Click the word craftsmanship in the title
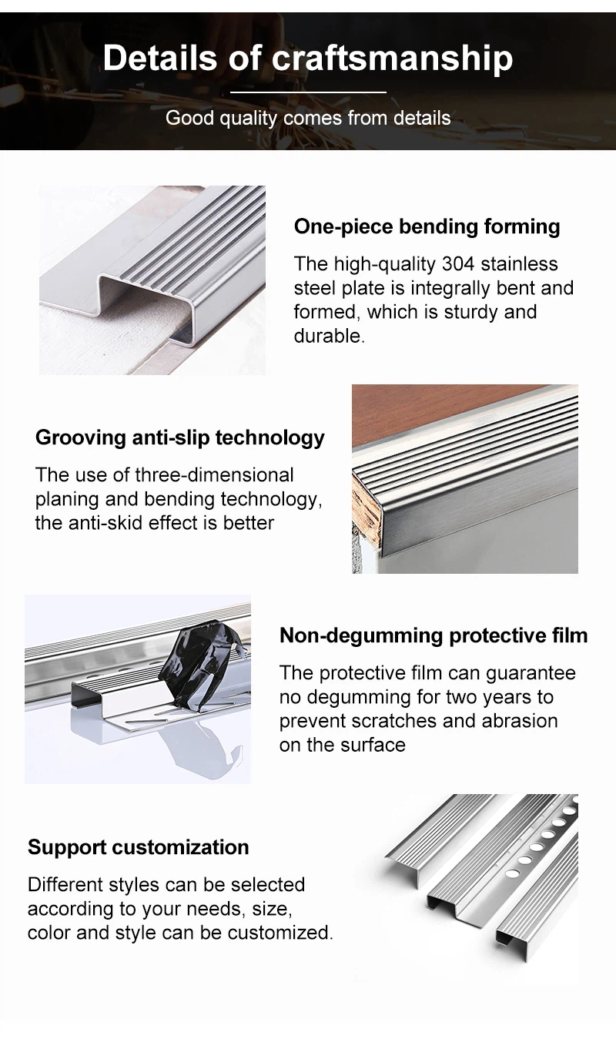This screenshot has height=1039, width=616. tap(393, 59)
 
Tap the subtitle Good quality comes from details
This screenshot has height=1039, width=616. tap(308, 119)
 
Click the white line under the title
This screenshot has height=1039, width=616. tap(308, 92)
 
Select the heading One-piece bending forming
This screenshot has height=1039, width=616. tap(427, 226)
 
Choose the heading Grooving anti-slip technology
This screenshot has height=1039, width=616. tap(180, 437)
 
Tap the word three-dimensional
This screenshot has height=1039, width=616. tap(214, 475)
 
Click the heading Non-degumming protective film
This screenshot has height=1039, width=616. tap(434, 635)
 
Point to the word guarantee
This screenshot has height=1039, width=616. tap(531, 673)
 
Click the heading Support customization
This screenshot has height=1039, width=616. tap(139, 847)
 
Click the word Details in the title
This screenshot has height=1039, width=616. tap(160, 58)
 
